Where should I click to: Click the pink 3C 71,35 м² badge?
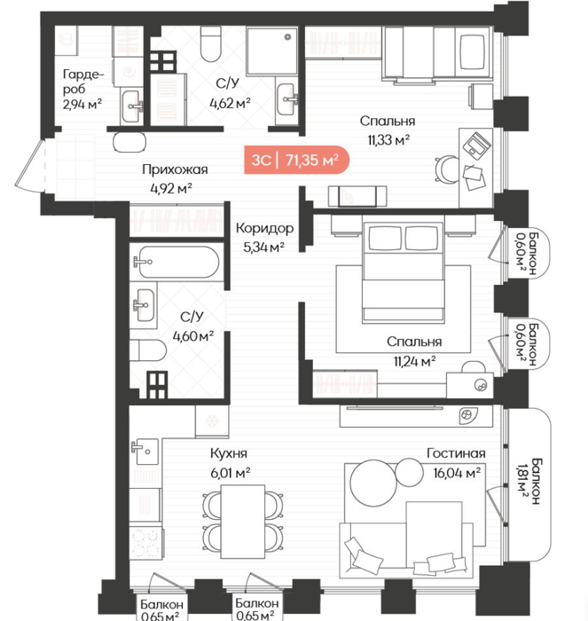296,160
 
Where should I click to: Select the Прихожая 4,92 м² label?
175,178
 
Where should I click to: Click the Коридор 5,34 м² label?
264,237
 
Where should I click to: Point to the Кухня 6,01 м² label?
230,462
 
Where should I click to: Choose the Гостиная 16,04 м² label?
457,462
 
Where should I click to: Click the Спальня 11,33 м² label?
388,130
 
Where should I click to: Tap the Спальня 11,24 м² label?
414,351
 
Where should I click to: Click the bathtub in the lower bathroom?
176,262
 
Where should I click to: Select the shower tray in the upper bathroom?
272,51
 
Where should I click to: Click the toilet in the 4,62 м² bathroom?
211,43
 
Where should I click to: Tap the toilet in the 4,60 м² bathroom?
148,350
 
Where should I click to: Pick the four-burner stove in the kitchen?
145,543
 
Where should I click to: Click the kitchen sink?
145,451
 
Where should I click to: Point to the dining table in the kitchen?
243,522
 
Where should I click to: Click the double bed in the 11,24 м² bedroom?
404,272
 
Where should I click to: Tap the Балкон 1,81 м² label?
529,481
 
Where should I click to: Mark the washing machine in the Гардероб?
128,72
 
